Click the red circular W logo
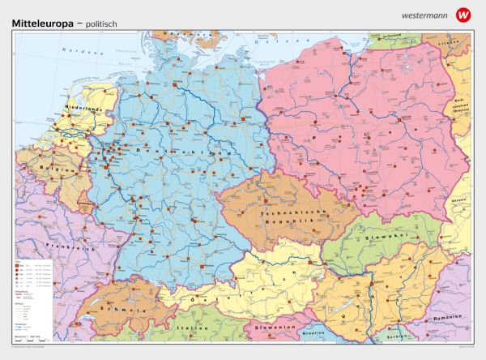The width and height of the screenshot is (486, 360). point(463,14)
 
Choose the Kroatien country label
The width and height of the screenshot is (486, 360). point(311,332)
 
